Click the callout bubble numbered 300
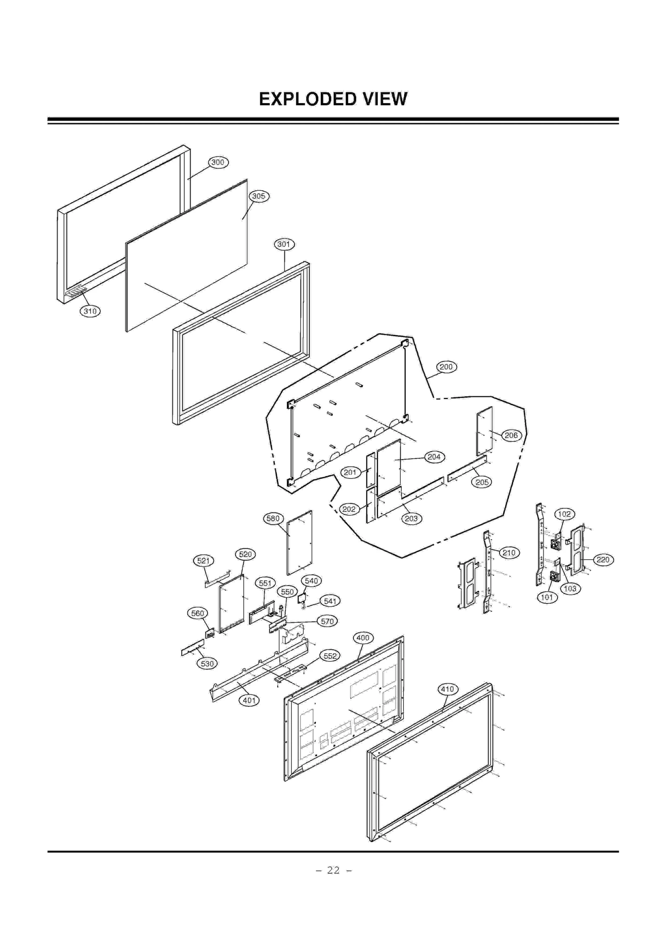218,162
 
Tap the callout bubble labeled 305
258,196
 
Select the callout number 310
90,311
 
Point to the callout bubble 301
284,244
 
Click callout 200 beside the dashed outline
446,367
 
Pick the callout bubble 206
511,436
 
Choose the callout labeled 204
434,457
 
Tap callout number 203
411,518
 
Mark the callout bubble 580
273,518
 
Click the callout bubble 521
203,561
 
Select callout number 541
330,601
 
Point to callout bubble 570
327,621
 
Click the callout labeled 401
249,700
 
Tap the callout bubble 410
447,689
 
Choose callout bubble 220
603,560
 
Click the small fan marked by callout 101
554,576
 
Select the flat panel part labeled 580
299,543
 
